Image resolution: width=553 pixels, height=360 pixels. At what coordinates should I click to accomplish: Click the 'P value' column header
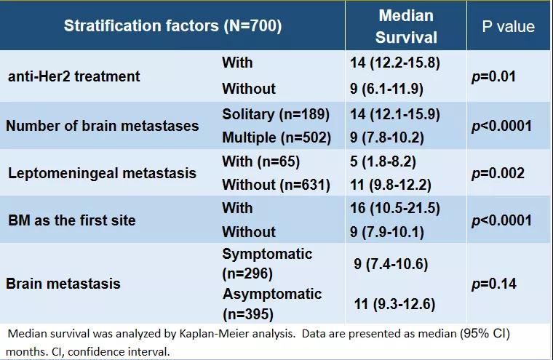point(508,27)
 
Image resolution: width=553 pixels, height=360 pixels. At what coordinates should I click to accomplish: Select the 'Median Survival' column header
point(406,26)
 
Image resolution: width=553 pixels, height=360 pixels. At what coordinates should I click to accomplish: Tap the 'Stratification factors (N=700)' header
point(172,26)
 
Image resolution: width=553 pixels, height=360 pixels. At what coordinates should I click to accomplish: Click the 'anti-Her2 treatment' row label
point(73,76)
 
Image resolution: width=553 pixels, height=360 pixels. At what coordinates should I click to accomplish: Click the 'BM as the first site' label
point(71,220)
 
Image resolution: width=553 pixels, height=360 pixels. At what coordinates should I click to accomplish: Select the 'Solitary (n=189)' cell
point(276,114)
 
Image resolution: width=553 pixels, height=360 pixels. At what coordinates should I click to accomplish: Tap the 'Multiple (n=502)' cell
point(275,137)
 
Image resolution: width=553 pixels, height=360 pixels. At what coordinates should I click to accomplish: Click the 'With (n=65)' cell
point(260,161)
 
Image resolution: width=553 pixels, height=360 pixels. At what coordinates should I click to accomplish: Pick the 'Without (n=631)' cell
point(276,185)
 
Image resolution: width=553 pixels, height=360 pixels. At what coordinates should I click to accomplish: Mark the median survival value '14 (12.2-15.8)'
point(395,63)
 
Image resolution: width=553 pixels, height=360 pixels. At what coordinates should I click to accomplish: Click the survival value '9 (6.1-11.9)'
point(386,89)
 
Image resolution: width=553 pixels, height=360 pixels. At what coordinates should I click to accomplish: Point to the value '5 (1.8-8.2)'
point(382,161)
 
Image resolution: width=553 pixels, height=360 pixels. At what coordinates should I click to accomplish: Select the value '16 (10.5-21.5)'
point(395,209)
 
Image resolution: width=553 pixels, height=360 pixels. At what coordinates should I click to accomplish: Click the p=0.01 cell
point(493,76)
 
